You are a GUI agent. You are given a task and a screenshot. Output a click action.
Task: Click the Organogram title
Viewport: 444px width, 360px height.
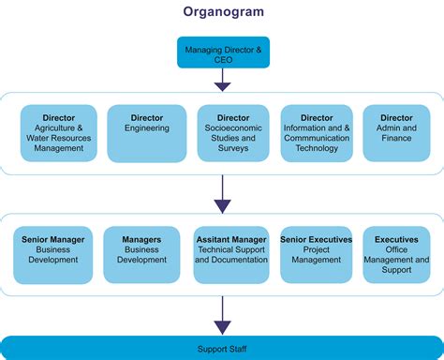(x=222, y=13)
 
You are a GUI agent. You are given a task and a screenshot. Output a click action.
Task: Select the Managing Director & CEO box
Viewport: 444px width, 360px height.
(x=222, y=52)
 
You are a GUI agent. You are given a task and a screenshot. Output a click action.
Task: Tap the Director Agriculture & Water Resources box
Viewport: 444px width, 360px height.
(x=58, y=133)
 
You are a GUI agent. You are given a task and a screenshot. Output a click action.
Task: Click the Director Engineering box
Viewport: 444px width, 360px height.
(x=147, y=133)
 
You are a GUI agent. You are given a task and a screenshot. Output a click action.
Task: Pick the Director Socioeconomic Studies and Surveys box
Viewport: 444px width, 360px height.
(x=233, y=133)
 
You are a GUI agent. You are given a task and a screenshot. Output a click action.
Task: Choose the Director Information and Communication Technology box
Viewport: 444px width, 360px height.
(x=317, y=133)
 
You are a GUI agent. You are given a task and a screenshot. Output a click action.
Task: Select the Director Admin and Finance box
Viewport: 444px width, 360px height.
(x=396, y=133)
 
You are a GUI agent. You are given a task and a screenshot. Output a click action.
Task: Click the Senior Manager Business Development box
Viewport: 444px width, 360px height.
(x=53, y=254)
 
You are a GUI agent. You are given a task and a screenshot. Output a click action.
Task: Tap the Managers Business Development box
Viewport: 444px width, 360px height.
(x=141, y=254)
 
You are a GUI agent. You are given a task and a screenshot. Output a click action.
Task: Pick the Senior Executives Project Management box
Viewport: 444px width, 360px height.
(x=316, y=254)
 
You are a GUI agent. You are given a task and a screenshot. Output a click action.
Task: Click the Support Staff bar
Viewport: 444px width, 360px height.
(x=222, y=348)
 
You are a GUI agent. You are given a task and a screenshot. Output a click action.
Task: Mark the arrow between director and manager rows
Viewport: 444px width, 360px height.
(x=222, y=194)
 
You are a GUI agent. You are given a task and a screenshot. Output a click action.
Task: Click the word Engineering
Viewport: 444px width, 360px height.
(x=147, y=128)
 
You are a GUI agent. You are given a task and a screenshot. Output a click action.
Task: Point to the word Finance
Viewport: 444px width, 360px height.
(x=396, y=138)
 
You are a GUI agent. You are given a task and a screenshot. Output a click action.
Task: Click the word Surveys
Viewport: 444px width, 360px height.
(x=233, y=148)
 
